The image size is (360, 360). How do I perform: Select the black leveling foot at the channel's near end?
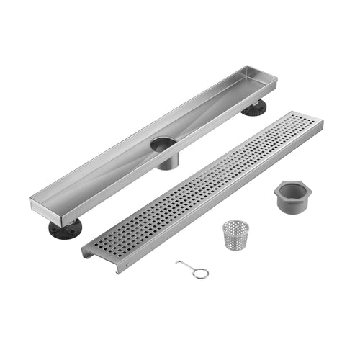(x=66, y=229)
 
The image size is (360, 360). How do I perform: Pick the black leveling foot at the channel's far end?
(x=253, y=107)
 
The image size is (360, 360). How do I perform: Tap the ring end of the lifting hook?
(x=202, y=273)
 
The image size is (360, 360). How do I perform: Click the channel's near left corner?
(x=32, y=203)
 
